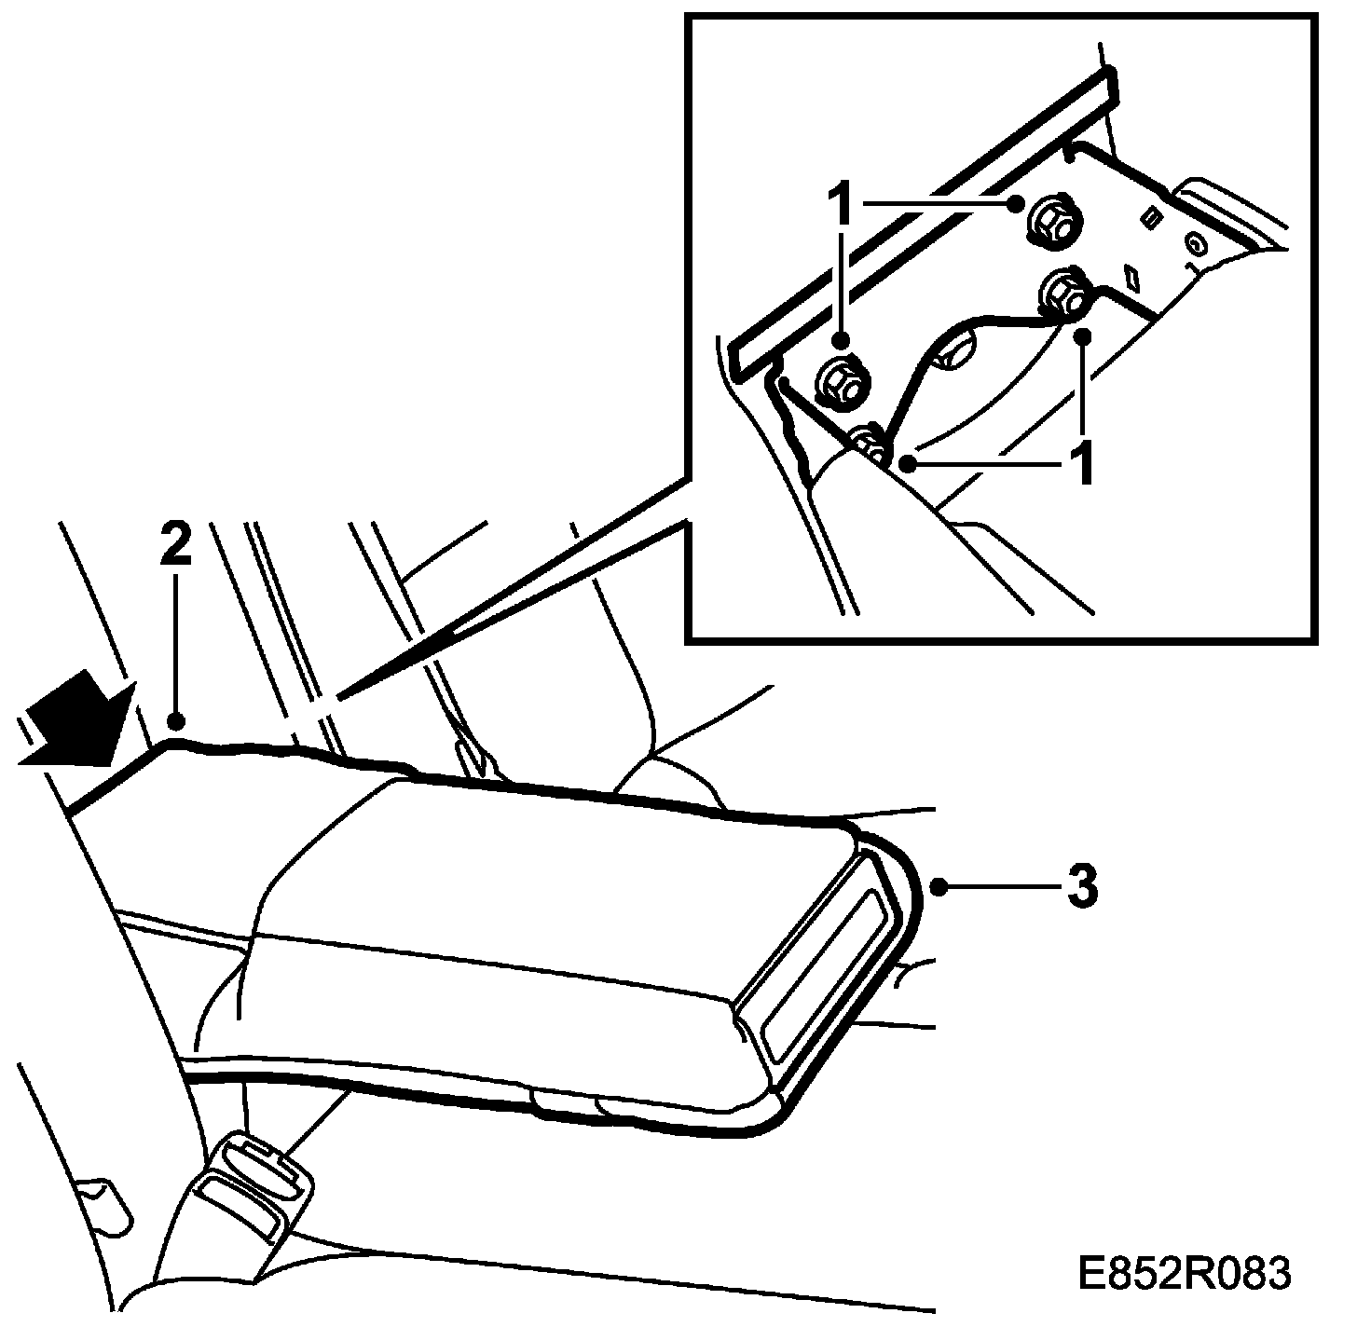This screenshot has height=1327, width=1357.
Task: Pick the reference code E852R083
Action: pyautogui.click(x=1184, y=1273)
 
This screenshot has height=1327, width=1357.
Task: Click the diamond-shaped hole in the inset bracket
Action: pyautogui.click(x=1135, y=276)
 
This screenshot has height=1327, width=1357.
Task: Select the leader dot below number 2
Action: pyautogui.click(x=174, y=719)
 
